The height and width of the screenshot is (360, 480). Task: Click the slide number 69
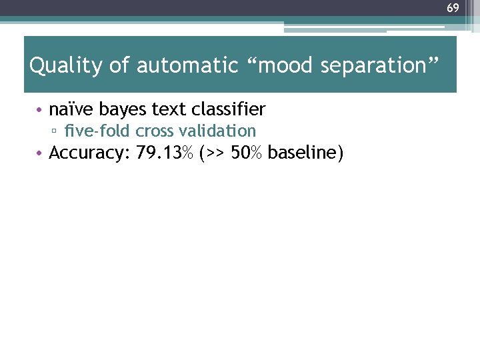[x=453, y=8]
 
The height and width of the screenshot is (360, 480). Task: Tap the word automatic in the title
[x=187, y=66]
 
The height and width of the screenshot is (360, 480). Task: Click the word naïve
[x=72, y=109]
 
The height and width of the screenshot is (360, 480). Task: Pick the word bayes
[x=125, y=109]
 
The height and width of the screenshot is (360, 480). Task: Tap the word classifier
[x=228, y=109]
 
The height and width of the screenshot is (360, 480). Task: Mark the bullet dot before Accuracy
[x=41, y=154]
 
